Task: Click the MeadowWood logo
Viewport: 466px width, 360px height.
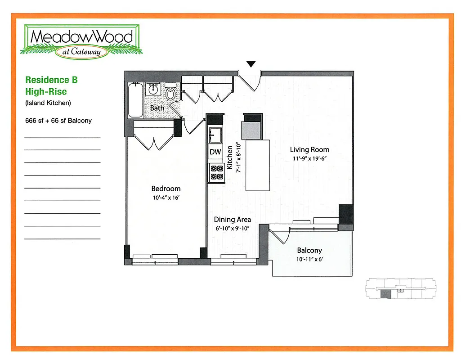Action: point(83,40)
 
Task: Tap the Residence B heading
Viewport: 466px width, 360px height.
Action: point(51,80)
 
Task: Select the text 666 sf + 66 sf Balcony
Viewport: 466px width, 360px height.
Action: point(58,121)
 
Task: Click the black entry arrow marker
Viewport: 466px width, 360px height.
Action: point(251,64)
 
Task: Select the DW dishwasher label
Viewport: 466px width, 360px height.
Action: point(215,152)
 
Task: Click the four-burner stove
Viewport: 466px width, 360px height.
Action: point(216,172)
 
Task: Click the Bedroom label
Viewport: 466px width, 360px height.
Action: point(166,189)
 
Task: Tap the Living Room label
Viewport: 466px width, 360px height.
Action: point(309,150)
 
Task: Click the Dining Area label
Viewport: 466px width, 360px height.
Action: point(232,220)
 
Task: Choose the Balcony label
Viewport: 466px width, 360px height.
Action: point(309,250)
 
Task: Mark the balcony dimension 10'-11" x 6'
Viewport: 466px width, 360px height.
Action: point(309,259)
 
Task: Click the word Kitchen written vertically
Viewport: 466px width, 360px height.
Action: point(230,157)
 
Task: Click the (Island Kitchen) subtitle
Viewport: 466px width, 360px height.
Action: point(48,103)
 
